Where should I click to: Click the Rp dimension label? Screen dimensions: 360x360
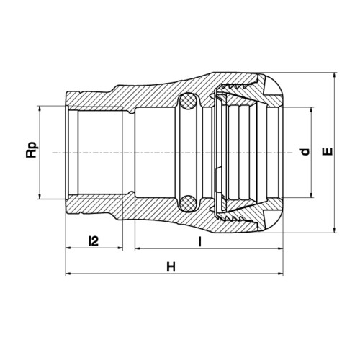coord(32,150)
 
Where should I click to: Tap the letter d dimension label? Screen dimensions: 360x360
coord(305,152)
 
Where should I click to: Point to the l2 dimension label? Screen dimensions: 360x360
coord(94,241)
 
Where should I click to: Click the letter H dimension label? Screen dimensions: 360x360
coord(171,267)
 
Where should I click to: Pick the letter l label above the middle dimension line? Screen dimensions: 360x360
coord(199,241)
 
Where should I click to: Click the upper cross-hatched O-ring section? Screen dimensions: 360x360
coord(188,101)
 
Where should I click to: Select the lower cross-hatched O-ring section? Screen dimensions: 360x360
coord(188,203)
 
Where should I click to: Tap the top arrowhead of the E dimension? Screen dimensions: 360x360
coord(336,76)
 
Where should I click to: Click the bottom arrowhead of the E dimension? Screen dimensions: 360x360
coord(336,229)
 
